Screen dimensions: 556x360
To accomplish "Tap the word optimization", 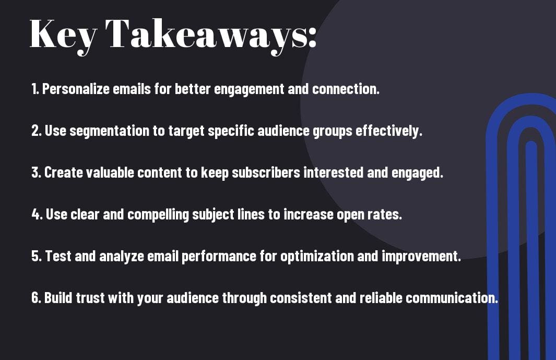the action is pyautogui.click(x=317, y=257).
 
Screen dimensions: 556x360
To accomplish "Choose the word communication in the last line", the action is pyautogui.click(x=452, y=297).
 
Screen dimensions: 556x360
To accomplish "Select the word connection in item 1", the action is pyautogui.click(x=346, y=89).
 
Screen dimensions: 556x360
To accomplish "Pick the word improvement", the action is pyautogui.click(x=421, y=256).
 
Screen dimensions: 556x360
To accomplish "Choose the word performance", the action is pyautogui.click(x=219, y=257).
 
